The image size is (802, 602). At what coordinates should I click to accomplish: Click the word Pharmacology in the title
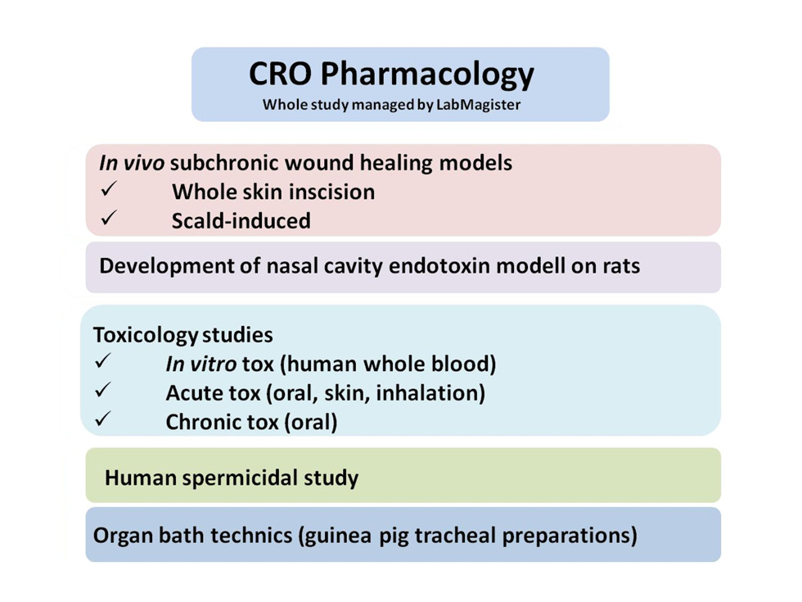coord(427,75)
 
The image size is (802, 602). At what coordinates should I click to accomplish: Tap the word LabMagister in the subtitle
coord(478,105)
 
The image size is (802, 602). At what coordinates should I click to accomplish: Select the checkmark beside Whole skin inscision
coord(109,188)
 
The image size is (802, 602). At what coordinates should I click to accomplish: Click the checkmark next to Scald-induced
coord(109,218)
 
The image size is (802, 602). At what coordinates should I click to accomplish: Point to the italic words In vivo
coord(132,163)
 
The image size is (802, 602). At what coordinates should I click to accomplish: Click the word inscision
coord(324,192)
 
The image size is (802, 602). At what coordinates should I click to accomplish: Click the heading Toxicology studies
coord(183,335)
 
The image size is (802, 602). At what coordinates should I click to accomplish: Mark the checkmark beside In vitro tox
coord(103,361)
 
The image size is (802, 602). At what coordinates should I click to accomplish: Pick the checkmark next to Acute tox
coord(103,390)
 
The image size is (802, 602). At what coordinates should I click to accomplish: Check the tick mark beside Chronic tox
coord(103,419)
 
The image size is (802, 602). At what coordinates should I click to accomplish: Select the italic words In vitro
coord(201,364)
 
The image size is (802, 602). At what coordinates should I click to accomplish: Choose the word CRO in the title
coord(280,74)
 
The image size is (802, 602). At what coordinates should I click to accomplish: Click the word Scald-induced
coord(241,221)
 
